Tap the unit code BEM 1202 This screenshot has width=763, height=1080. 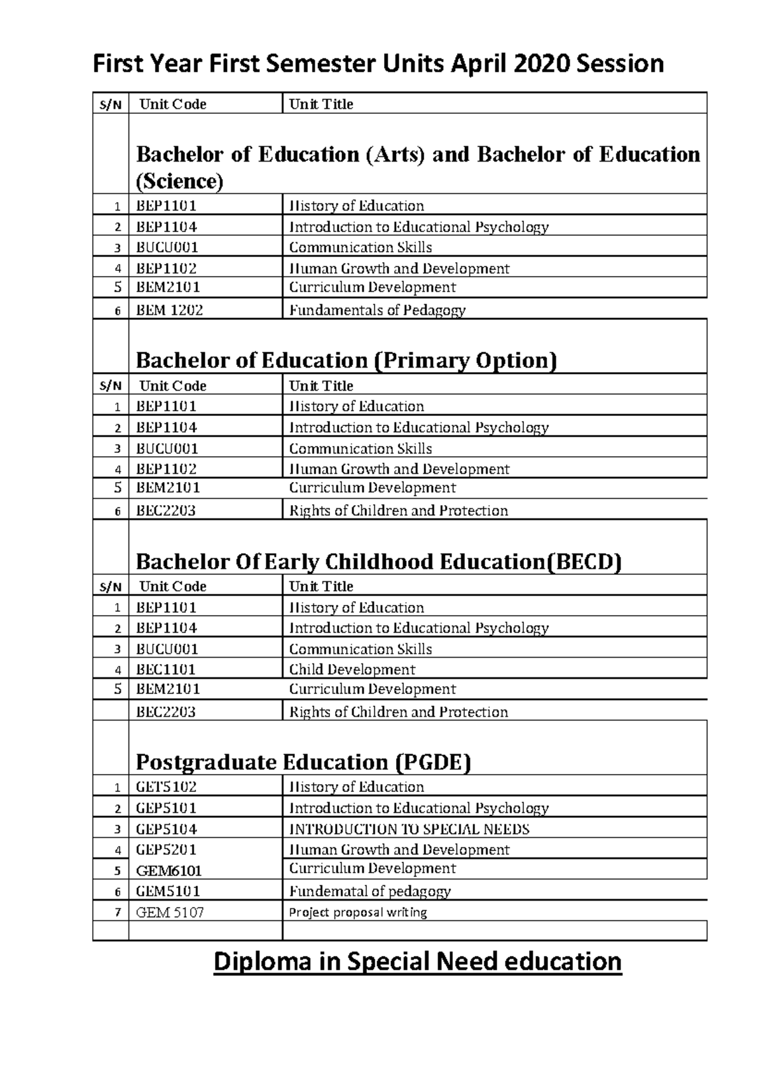pos(169,310)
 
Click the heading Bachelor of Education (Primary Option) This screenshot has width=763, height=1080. pos(347,361)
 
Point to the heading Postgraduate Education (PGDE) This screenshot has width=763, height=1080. pos(303,762)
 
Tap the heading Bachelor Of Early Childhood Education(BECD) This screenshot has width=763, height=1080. pos(378,562)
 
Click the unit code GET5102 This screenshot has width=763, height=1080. pos(166,787)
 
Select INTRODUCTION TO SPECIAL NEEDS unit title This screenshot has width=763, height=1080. pos(409,829)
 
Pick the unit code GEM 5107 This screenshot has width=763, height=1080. pos(170,912)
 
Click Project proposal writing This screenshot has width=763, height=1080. pos(358,912)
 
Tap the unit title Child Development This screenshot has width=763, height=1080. pos(352,669)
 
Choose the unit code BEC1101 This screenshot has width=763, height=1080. pos(165,669)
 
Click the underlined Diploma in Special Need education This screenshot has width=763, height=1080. pos(417,961)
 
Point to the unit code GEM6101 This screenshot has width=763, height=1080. pos(168,871)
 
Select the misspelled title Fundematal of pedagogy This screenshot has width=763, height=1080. pos(369,891)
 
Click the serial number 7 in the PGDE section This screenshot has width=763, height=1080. pos(117,913)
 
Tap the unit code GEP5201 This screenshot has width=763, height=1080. pos(166,850)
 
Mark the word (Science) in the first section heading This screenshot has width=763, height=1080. pos(180,181)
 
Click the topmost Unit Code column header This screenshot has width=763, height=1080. pos(172,104)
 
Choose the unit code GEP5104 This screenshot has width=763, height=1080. pos(166,829)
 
